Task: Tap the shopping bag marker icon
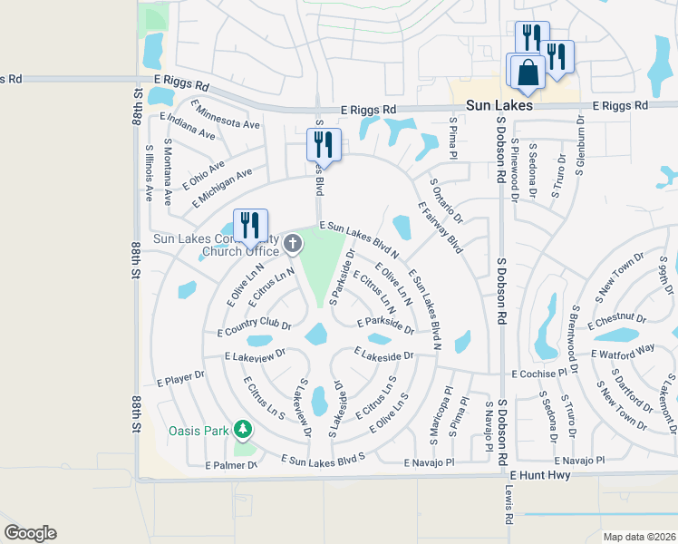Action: coord(527,73)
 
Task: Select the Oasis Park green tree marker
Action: coord(242,428)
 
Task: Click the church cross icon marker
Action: coord(293,242)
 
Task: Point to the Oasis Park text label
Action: coord(199,431)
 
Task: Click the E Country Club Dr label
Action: coord(254,327)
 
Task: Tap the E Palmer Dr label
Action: coord(231,465)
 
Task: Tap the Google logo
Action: coord(30,533)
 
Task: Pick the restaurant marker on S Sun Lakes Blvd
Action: coord(323,144)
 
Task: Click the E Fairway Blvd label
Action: coord(441,228)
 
